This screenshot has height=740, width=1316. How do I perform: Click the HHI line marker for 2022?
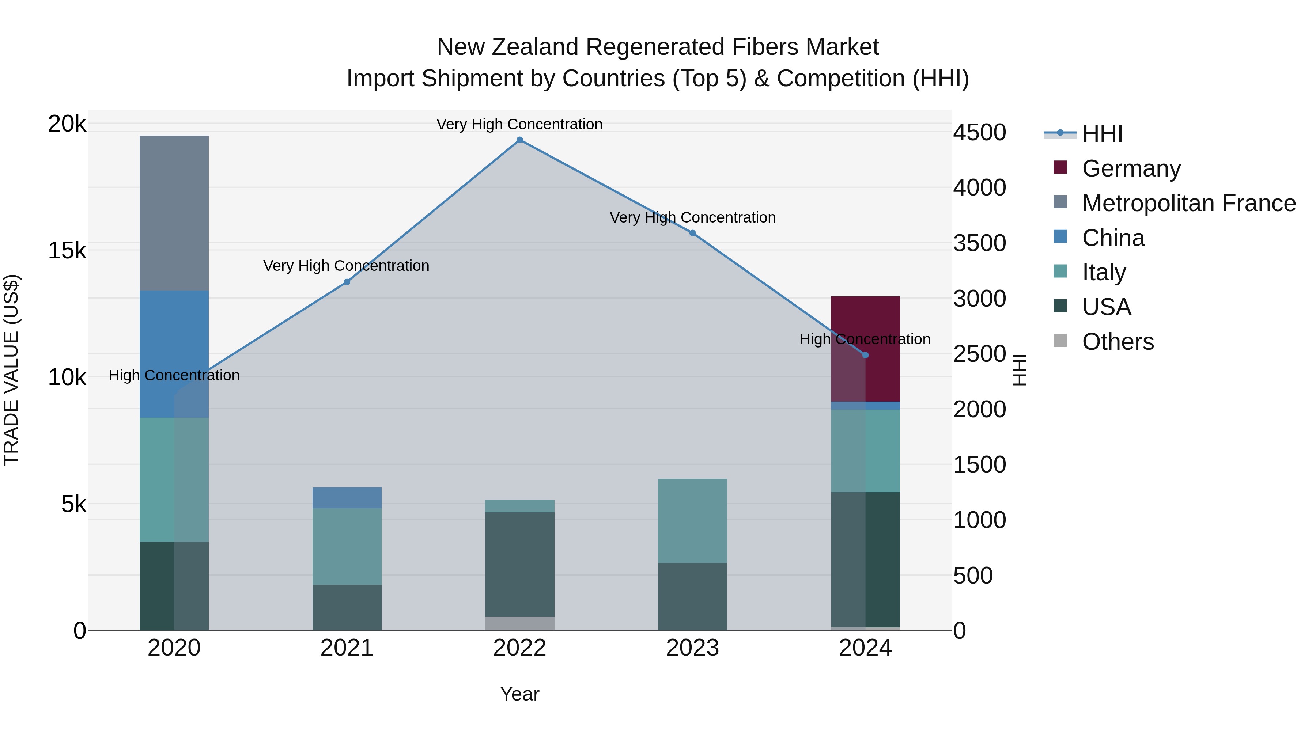[519, 140]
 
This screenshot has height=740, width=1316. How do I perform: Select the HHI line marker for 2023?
[692, 233]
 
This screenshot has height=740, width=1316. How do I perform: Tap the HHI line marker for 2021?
[347, 282]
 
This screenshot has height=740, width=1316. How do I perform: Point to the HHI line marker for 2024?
[865, 355]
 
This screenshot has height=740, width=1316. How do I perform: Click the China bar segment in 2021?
[347, 498]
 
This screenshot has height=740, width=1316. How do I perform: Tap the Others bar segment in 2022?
[519, 623]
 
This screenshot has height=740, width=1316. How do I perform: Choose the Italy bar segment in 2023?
[692, 521]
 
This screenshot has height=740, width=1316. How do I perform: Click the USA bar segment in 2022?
[519, 564]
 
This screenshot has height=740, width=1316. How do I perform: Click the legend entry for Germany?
[1131, 168]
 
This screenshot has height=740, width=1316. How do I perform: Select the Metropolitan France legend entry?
[1188, 203]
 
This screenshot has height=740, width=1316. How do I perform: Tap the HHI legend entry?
[1102, 134]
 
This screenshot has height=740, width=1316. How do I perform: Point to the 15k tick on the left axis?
[67, 251]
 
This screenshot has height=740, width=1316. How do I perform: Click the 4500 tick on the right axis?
[979, 132]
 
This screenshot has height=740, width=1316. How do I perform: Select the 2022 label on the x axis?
[519, 648]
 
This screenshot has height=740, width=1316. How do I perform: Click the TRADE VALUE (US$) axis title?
[11, 370]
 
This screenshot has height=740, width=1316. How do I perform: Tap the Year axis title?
[519, 694]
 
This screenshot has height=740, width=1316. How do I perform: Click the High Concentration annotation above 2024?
[865, 339]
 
